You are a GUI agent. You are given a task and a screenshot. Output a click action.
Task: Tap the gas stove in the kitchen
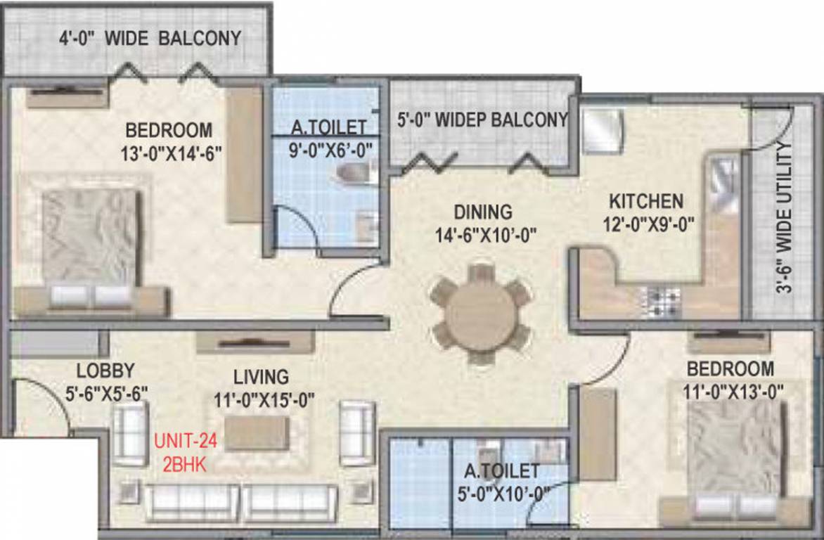(659, 301)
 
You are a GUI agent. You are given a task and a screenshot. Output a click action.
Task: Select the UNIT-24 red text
(186, 442)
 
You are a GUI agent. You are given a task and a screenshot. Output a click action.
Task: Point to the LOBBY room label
(105, 371)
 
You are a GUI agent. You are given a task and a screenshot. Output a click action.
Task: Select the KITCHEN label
(645, 201)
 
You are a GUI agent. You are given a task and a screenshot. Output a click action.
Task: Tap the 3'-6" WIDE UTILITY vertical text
(785, 217)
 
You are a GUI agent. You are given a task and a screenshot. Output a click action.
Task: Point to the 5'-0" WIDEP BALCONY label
(482, 120)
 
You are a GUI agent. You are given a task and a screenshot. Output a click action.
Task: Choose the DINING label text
(482, 211)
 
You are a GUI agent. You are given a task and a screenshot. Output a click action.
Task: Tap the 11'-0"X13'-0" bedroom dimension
(730, 392)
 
